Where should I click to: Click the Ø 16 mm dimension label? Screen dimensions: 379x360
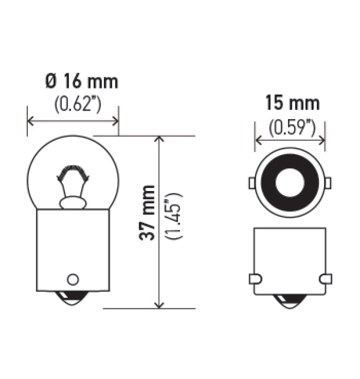pos(81,82)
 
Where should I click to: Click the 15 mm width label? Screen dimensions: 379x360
pos(292,104)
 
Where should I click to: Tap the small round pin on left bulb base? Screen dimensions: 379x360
pos(72,279)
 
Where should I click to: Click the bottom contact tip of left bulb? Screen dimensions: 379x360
pos(72,299)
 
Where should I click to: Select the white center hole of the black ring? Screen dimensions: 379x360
pos(290,183)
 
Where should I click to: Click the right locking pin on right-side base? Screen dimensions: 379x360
pos(325,279)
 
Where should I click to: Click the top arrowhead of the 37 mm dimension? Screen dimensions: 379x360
pos(158,139)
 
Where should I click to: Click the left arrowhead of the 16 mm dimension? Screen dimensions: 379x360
pos(31,120)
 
